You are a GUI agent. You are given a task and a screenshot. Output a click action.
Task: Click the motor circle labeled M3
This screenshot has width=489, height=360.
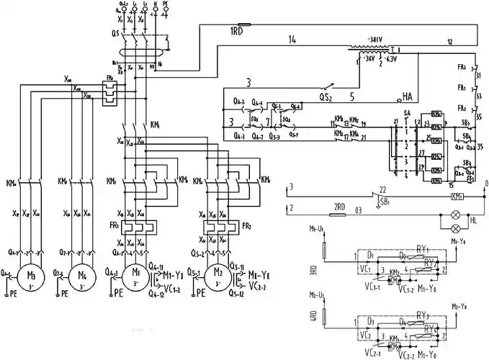coord(31,276)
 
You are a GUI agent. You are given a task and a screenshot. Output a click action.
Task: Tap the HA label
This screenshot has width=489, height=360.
coord(408,96)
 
